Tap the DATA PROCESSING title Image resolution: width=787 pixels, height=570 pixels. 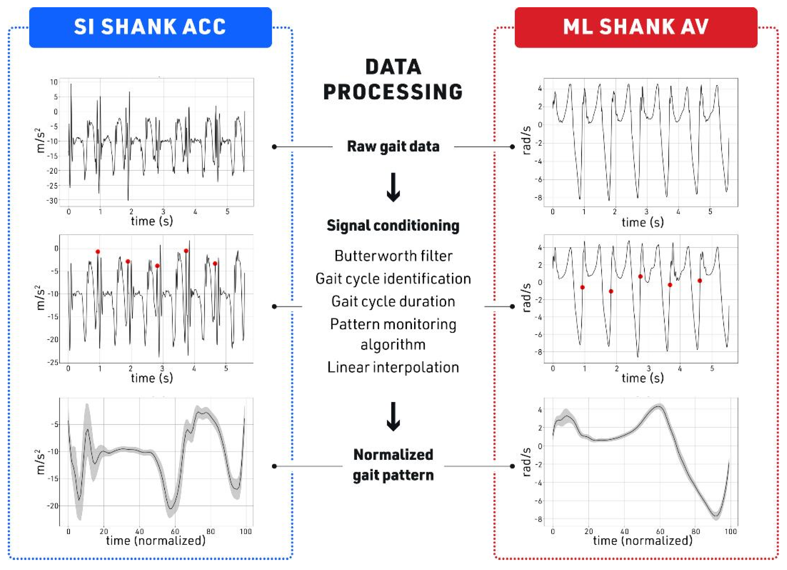click(393, 80)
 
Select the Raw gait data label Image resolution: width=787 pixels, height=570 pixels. click(393, 146)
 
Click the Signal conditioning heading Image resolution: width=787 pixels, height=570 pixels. click(393, 226)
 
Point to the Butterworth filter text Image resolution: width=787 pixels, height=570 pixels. click(393, 256)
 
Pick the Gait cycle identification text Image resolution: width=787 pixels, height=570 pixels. click(393, 279)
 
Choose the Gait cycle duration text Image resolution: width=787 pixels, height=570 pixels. click(393, 301)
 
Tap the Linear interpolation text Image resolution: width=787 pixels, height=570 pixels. click(393, 367)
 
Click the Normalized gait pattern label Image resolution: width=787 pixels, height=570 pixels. click(393, 465)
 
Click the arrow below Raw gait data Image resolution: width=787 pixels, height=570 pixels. click(393, 187)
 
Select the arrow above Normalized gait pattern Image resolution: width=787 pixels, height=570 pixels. click(393, 416)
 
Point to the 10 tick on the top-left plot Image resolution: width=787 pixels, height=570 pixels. click(54, 82)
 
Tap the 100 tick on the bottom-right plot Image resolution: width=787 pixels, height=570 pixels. click(731, 531)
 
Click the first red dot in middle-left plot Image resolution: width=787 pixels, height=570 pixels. click(98, 252)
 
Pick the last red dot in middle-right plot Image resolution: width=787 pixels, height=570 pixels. click(700, 281)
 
